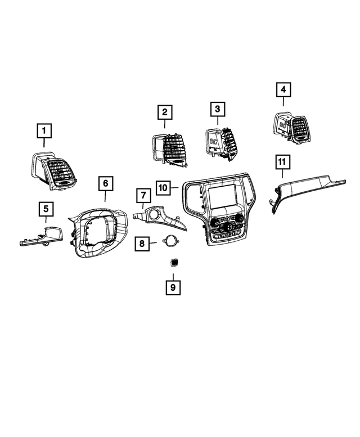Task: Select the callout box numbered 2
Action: click(x=164, y=112)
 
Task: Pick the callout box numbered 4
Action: click(x=283, y=89)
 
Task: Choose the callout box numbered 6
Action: click(x=105, y=183)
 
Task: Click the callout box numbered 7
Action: click(x=143, y=196)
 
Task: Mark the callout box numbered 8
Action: click(x=142, y=244)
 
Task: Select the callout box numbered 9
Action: click(x=173, y=287)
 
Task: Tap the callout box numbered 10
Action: click(x=163, y=187)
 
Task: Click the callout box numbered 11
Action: click(x=282, y=163)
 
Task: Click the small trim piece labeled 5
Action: click(x=45, y=236)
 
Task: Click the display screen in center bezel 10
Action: click(x=223, y=196)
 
